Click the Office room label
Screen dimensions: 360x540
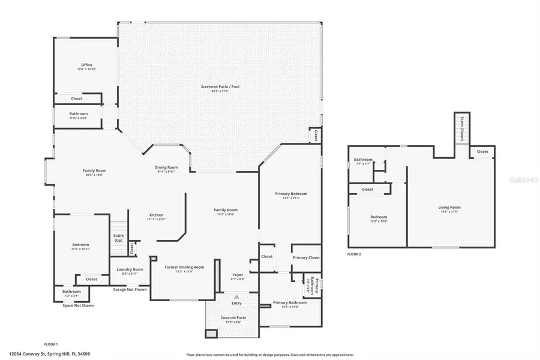86,65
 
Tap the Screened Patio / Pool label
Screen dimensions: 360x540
220,87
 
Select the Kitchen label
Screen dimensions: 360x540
156,215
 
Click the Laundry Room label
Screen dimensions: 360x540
130,269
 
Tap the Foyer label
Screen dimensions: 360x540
238,275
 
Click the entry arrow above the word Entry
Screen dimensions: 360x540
236,296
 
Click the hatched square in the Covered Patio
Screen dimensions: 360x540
211,334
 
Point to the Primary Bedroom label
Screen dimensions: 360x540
291,194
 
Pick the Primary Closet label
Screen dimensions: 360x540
306,257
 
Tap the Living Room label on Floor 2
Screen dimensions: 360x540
449,208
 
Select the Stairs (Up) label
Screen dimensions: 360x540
118,238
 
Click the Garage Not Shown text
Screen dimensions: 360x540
130,289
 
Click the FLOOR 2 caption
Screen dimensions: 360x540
354,254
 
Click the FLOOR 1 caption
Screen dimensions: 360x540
51,344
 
